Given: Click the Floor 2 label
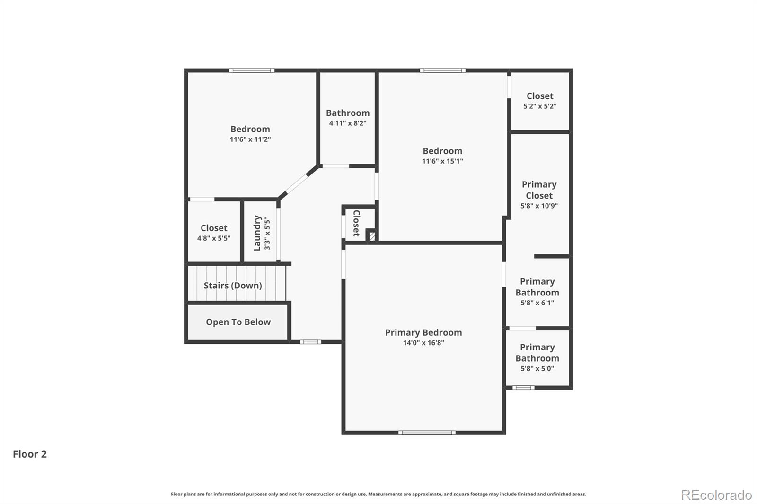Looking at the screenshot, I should [x=30, y=454].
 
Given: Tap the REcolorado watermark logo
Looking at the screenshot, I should [x=716, y=495].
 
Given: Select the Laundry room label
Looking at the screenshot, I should [x=257, y=233].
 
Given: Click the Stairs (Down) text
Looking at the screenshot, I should [x=233, y=286].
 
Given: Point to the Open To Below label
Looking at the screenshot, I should [x=238, y=322].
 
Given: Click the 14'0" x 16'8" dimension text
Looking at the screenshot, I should [x=423, y=343].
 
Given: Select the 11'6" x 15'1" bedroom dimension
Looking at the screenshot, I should [x=442, y=161].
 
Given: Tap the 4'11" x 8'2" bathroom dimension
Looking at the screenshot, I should [x=348, y=123].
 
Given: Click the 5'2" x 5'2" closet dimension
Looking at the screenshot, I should [x=539, y=106].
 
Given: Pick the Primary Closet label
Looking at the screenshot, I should [x=539, y=190].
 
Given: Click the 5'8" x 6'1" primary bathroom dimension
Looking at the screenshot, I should [x=537, y=303].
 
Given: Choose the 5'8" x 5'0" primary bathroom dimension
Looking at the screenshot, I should [x=537, y=369].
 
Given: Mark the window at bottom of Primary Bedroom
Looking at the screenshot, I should [x=427, y=433].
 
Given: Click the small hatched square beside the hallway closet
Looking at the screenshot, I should [x=372, y=235].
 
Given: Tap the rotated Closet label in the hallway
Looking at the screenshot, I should [x=356, y=223].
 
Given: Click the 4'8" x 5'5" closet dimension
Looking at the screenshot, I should [x=214, y=238].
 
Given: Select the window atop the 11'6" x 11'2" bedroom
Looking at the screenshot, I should [x=252, y=70].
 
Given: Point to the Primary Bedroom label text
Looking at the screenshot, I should [x=423, y=332].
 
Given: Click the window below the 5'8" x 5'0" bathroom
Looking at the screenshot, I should [x=523, y=388].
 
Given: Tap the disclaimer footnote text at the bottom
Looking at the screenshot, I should [x=378, y=494].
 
